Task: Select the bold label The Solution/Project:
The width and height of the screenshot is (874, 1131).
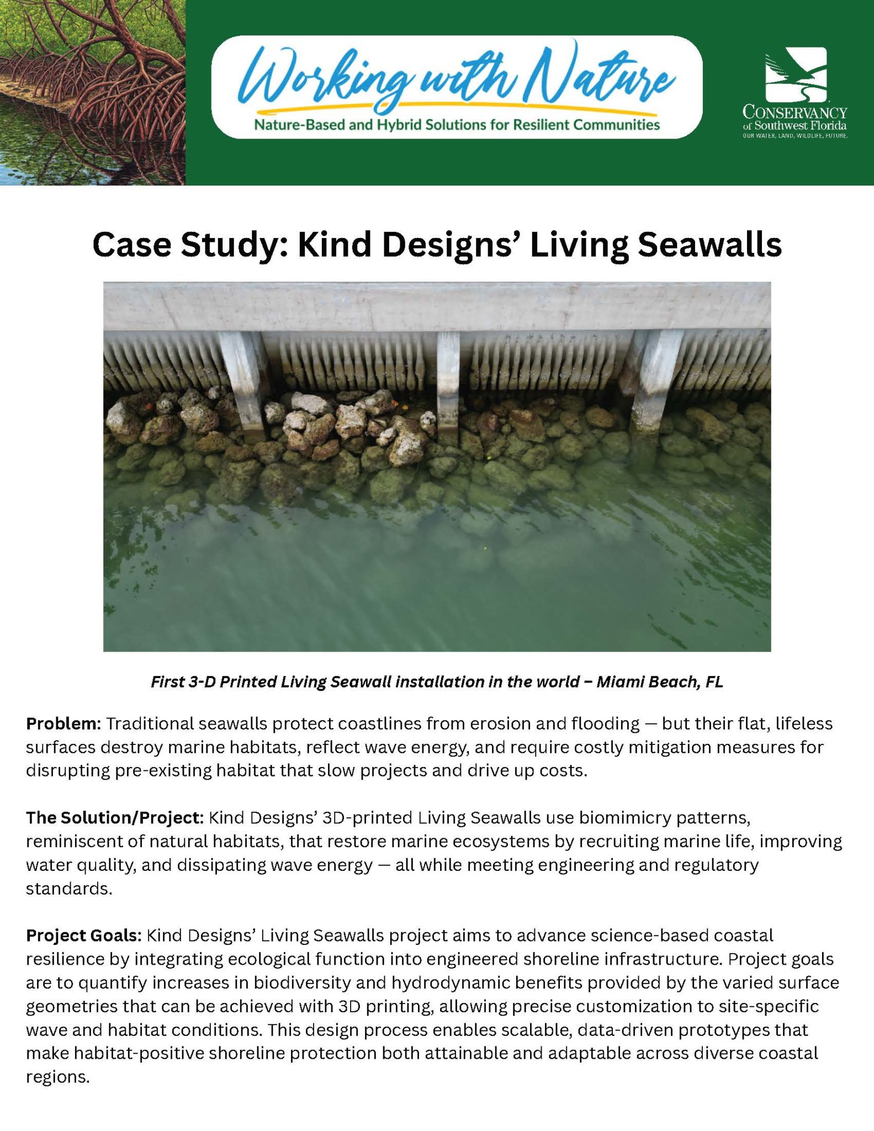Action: click(x=115, y=817)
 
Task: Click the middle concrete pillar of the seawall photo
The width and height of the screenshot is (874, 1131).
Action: click(x=448, y=381)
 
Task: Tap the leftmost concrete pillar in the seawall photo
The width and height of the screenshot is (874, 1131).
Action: click(x=243, y=381)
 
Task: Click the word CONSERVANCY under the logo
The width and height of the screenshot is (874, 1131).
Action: click(x=794, y=113)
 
